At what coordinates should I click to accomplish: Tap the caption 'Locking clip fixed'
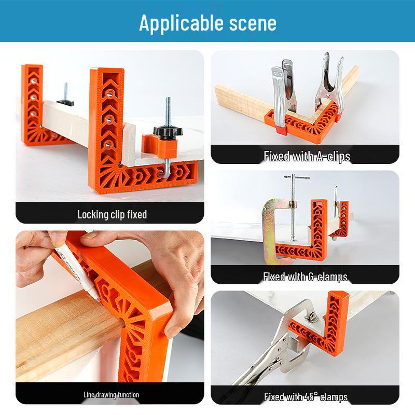coord(112,214)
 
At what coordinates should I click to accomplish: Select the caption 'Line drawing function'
coord(111,395)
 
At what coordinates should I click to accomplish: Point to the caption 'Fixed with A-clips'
coord(307,156)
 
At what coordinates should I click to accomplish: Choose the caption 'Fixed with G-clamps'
coord(305,276)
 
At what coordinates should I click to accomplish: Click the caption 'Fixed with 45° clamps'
coord(305,397)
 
